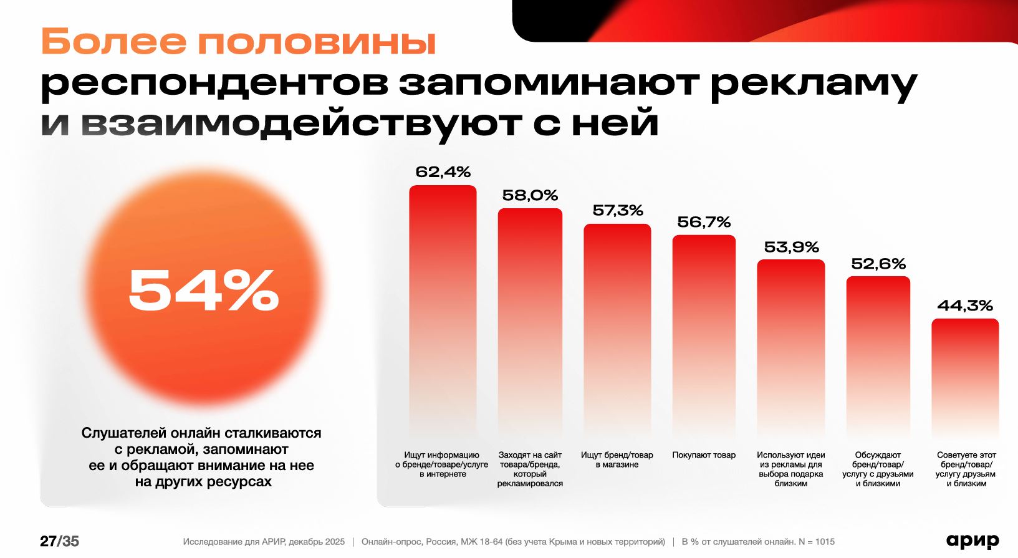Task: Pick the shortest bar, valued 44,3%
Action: click(965, 374)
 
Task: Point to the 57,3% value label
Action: click(618, 211)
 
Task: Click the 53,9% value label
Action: click(791, 248)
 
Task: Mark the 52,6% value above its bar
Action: click(878, 264)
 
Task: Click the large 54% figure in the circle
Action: click(203, 290)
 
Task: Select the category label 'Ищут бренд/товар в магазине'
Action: click(617, 459)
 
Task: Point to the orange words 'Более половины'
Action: click(238, 42)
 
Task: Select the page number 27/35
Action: click(60, 541)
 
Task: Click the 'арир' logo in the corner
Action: click(972, 541)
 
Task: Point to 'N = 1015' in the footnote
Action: click(816, 542)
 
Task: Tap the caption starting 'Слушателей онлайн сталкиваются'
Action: click(201, 457)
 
